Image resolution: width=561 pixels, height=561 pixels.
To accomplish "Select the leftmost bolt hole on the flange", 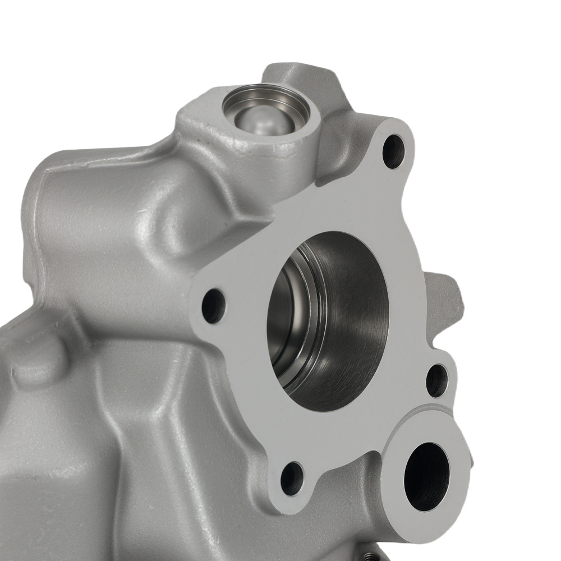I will coord(213,306).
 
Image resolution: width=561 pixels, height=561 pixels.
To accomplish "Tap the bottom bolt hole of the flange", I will coord(292,478).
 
